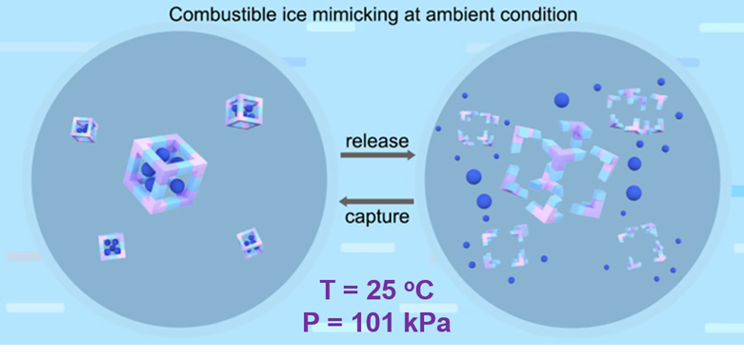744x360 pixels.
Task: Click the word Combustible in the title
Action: click(212, 14)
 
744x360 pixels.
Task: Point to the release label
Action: click(377, 141)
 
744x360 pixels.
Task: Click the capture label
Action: click(377, 217)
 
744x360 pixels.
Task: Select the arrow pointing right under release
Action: click(377, 155)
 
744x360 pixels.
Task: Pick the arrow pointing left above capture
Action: click(375, 202)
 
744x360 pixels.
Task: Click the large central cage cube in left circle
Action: click(164, 172)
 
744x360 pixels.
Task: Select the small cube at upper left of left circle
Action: click(85, 130)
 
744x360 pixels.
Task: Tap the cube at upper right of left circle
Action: click(244, 111)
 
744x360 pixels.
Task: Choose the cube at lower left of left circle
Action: click(112, 247)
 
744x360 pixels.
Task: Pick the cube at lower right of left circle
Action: click(250, 243)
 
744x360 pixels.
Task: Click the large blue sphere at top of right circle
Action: click(561, 100)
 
